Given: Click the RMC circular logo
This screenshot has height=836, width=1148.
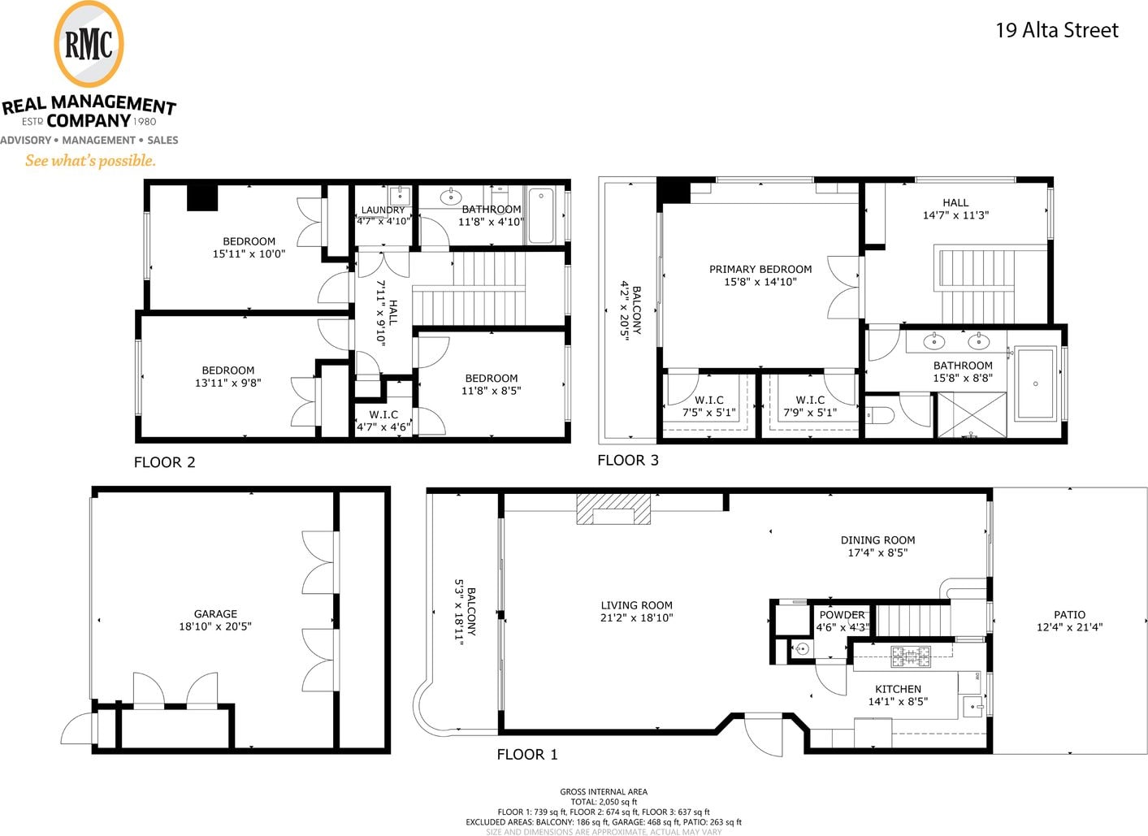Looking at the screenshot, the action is tap(89, 44).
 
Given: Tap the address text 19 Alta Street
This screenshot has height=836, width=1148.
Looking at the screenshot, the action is tap(1057, 30).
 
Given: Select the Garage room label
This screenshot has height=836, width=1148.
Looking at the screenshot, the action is tap(215, 613).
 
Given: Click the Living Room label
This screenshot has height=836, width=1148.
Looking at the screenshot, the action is tap(636, 604).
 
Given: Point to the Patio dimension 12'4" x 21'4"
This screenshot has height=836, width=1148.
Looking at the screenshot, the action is tap(1069, 627).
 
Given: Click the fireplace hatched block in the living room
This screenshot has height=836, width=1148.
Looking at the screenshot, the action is tap(613, 509).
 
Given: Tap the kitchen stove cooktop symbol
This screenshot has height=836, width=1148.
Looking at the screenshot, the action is tap(911, 656).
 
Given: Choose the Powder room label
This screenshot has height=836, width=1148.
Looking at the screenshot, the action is tap(842, 614).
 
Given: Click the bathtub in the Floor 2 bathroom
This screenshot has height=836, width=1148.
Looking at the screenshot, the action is tap(541, 215).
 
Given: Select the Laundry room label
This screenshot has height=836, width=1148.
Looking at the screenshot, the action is tap(383, 210).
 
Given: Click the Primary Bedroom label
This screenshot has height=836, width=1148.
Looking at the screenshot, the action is tap(760, 269).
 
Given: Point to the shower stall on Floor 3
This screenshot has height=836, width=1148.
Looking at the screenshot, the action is tap(972, 414).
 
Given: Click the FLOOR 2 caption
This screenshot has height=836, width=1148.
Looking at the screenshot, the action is tap(164, 462).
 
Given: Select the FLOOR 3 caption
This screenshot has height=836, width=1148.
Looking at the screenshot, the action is tap(628, 461).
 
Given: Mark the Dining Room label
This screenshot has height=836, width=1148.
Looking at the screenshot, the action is tap(878, 539).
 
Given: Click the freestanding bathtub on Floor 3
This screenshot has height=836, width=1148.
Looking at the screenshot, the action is tap(1036, 383).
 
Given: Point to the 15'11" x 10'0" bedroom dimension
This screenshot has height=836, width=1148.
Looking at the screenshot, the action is tap(249, 253).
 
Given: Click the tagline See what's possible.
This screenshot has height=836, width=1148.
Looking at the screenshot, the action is tap(90, 161).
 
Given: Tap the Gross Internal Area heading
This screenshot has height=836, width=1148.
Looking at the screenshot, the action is tap(604, 792).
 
